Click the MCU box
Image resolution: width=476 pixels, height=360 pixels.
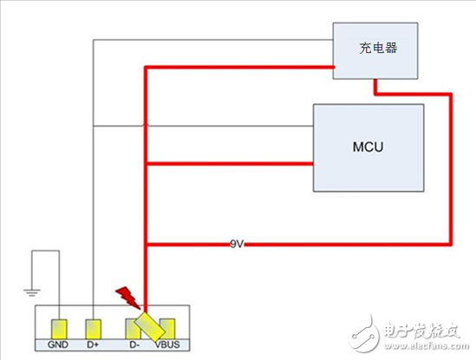pyautogui.click(x=368, y=148)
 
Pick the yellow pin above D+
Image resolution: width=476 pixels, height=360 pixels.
pyautogui.click(x=95, y=329)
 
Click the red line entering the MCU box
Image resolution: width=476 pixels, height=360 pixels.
pyautogui.click(x=260, y=162)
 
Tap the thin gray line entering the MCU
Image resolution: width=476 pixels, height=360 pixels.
pyautogui.click(x=260, y=127)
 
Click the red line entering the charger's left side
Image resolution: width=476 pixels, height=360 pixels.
pyautogui.click(x=260, y=63)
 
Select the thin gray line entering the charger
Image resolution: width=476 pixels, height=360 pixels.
pyautogui.click(x=260, y=39)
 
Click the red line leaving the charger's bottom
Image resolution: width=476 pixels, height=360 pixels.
pyautogui.click(x=375, y=87)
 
